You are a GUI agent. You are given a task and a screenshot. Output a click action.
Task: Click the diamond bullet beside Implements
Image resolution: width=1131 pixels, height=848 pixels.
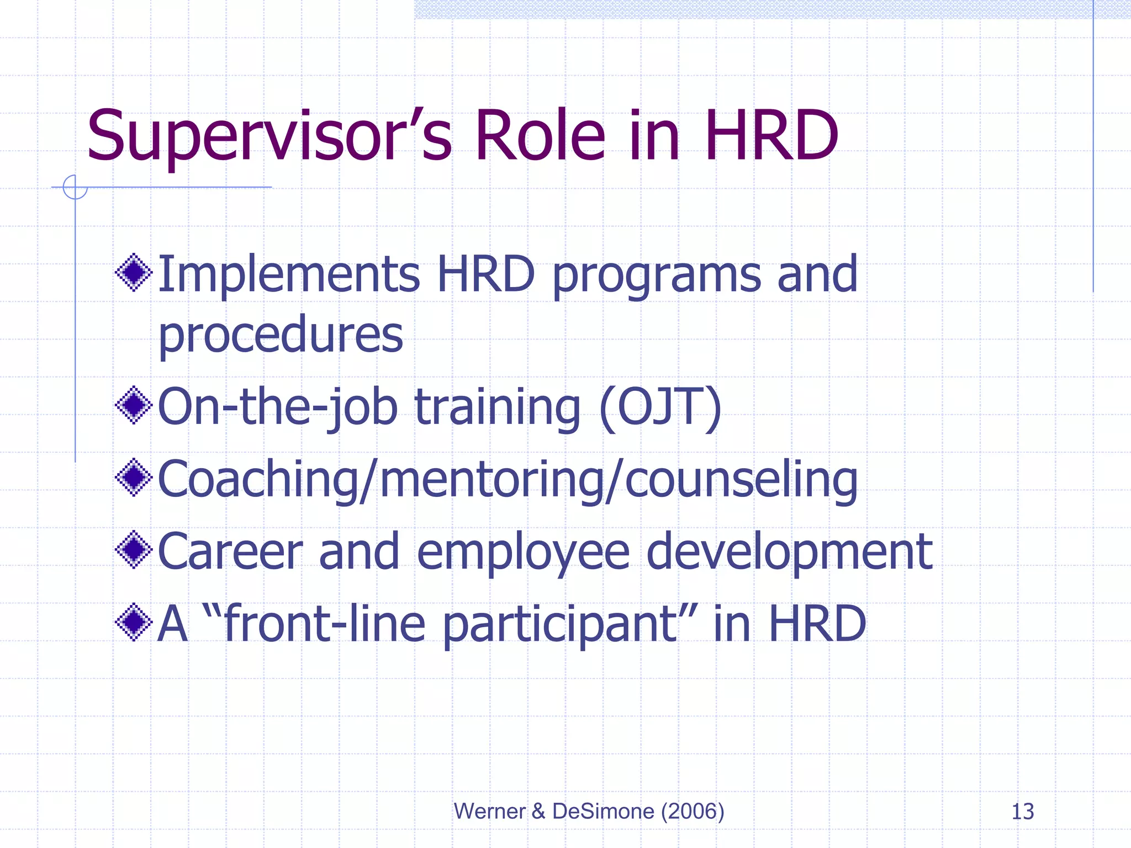(134, 272)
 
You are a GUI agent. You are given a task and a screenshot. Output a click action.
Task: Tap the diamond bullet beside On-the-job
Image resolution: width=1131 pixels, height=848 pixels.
(134, 405)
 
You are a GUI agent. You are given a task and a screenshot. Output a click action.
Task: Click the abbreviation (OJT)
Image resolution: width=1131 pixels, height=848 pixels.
(660, 407)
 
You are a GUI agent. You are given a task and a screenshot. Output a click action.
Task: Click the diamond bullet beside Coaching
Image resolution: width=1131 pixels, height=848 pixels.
(134, 477)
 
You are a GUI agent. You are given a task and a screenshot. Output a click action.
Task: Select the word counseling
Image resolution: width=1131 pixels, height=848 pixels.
(741, 479)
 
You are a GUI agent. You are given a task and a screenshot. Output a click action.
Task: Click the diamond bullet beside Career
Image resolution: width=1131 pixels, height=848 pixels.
(134, 549)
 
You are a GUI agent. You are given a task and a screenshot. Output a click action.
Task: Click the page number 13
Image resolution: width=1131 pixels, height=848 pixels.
(1022, 812)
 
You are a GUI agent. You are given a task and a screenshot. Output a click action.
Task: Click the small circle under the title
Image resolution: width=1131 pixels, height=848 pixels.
(75, 187)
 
